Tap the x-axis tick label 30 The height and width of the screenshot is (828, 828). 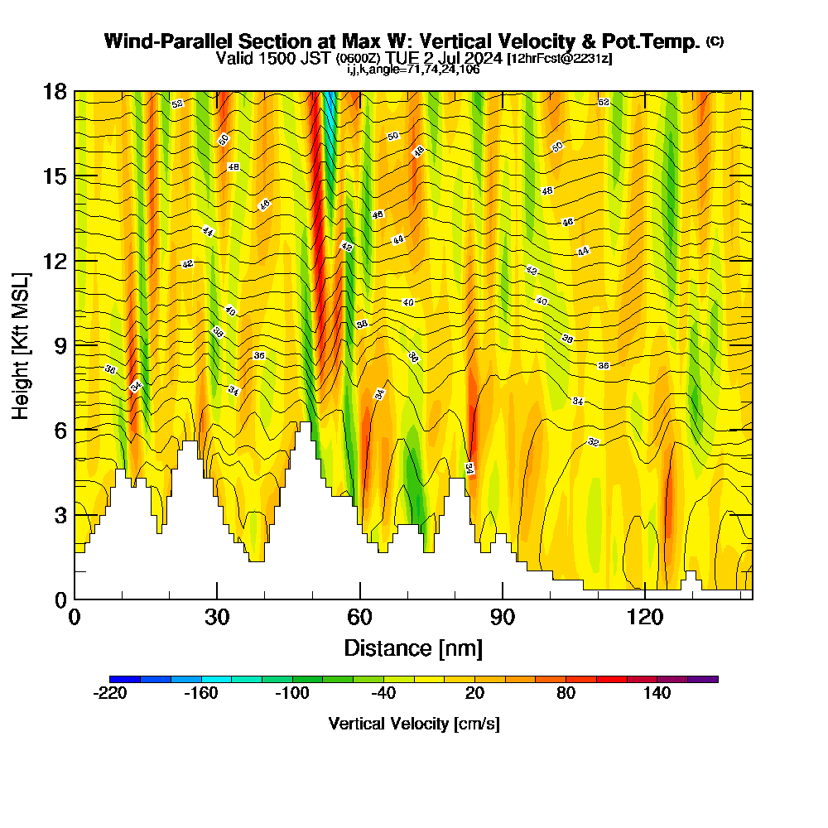click(x=217, y=617)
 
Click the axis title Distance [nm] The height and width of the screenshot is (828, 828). click(x=413, y=647)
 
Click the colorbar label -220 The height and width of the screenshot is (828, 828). click(x=109, y=694)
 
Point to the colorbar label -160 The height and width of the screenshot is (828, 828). click(x=200, y=694)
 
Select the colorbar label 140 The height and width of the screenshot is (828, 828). click(x=657, y=694)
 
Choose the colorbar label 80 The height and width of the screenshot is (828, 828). click(x=566, y=694)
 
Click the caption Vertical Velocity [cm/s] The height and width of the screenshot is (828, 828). click(x=414, y=724)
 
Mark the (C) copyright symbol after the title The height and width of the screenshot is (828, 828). click(x=715, y=41)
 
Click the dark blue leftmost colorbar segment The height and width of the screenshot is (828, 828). click(x=125, y=679)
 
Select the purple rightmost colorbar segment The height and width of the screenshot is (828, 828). click(x=703, y=679)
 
